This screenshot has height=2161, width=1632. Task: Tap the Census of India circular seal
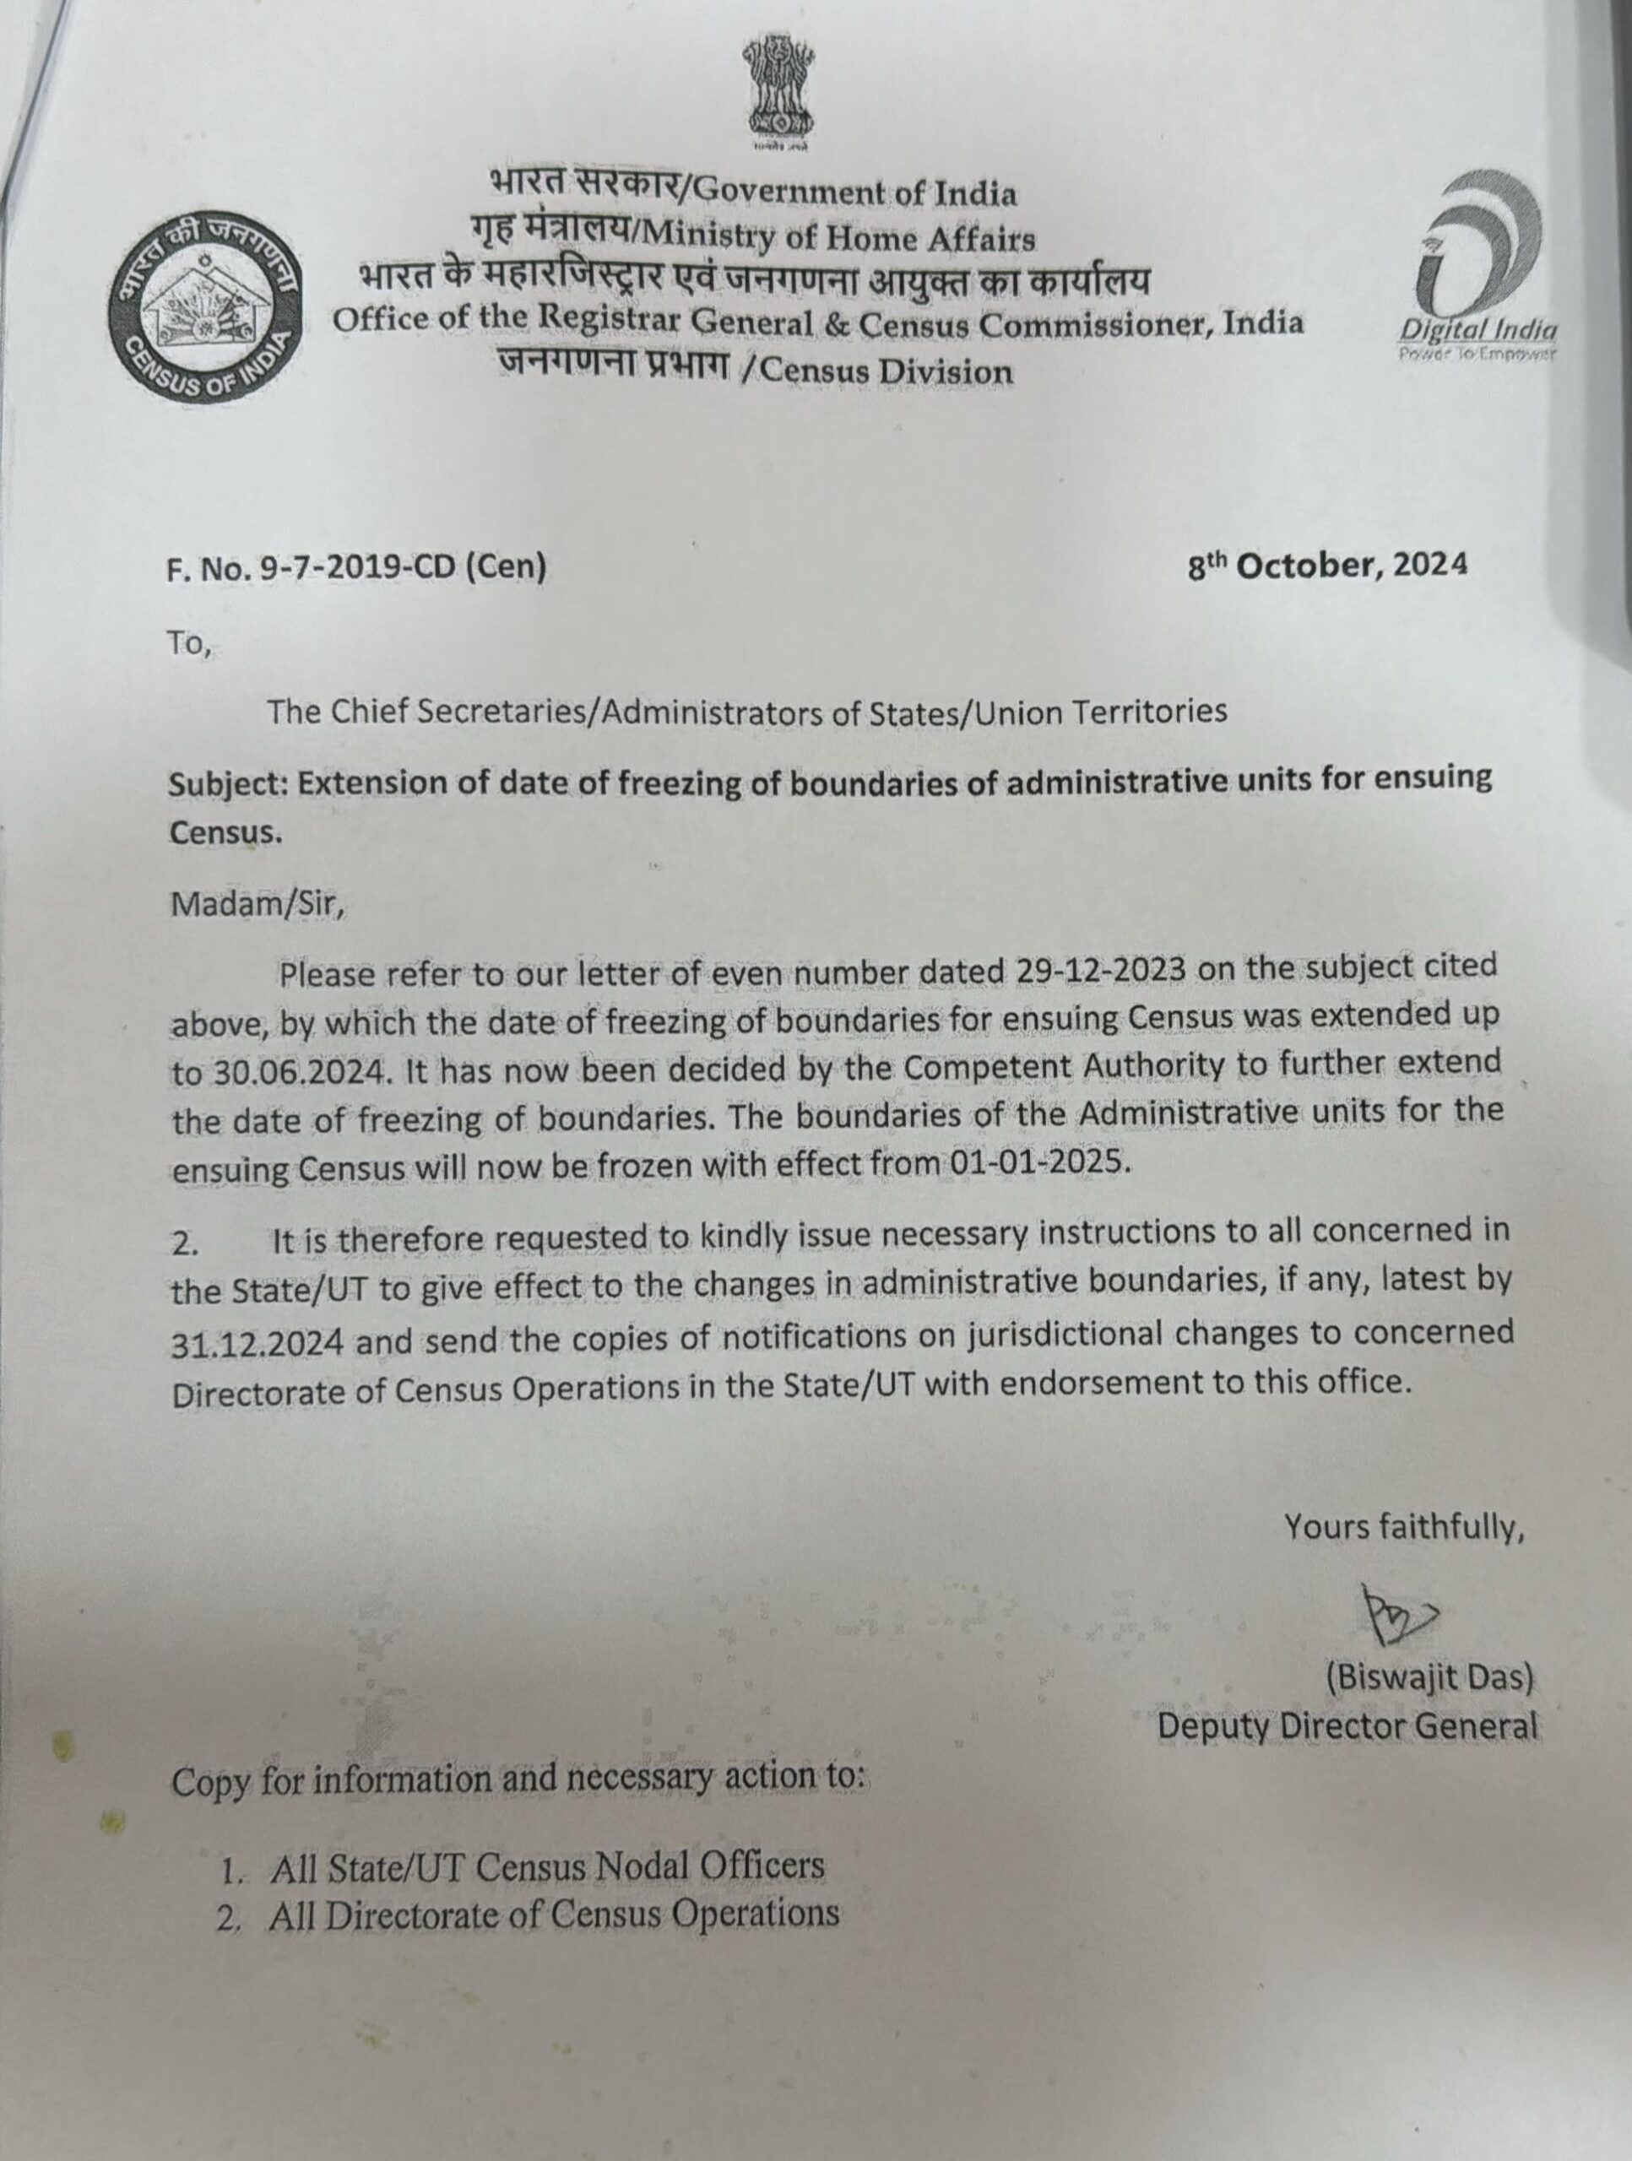tap(206, 311)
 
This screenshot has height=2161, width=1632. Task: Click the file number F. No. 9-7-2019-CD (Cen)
tap(356, 567)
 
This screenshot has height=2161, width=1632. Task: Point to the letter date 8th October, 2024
tap(1326, 566)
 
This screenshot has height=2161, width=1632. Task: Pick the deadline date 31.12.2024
tap(257, 1343)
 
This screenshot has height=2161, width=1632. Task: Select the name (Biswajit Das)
tap(1429, 1677)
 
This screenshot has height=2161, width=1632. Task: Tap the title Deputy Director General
tap(1347, 1726)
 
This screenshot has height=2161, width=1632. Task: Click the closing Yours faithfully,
tap(1403, 1527)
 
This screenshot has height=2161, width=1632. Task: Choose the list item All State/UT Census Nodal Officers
tap(547, 1867)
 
